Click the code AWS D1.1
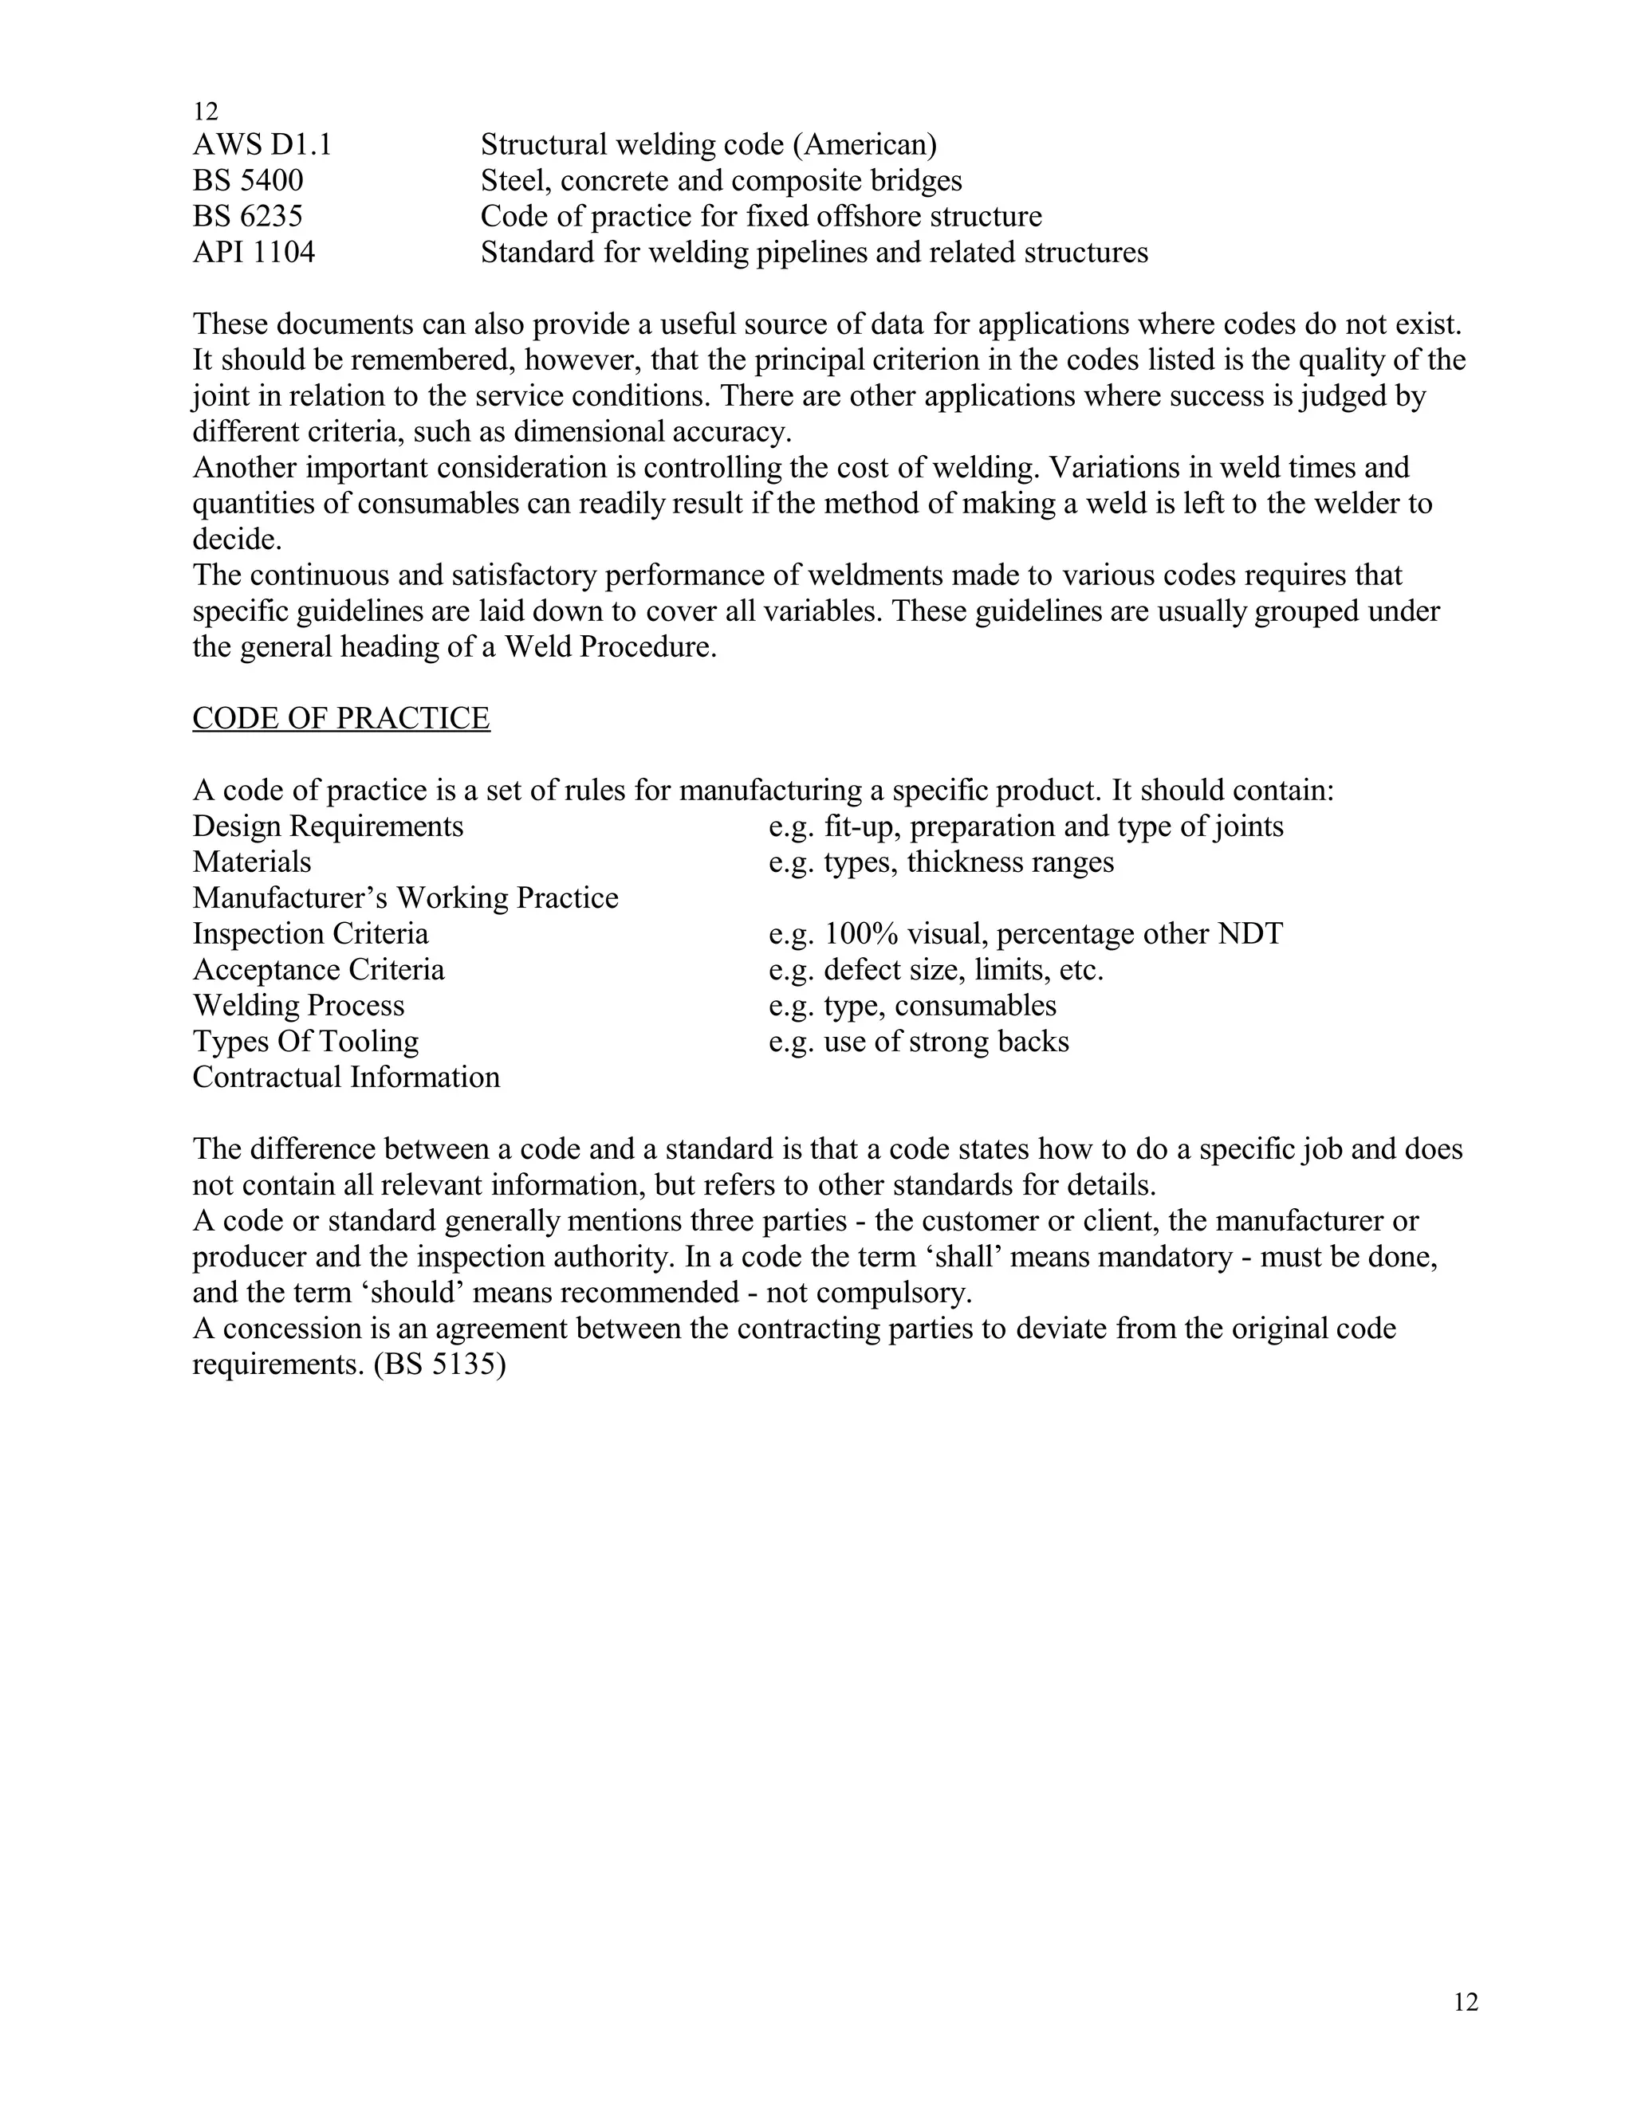point(262,145)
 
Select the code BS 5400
point(248,181)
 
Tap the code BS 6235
point(248,217)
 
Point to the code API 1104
point(254,253)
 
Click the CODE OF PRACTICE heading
point(340,719)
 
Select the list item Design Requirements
point(328,826)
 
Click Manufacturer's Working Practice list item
point(405,898)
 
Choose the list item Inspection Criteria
point(310,934)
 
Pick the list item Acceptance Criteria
point(318,970)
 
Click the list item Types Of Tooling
point(305,1042)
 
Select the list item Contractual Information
point(346,1078)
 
